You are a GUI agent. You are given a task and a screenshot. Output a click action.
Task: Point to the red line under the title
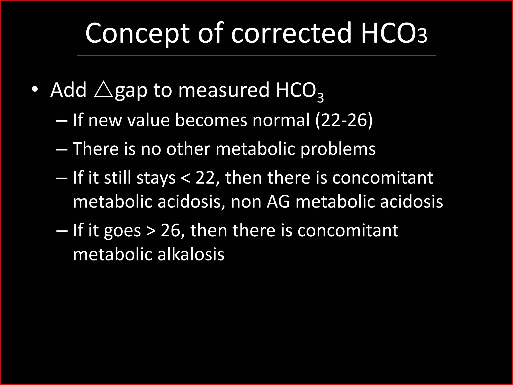(256, 55)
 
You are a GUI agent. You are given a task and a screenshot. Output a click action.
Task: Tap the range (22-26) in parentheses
(344, 120)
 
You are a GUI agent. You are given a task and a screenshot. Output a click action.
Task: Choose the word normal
(281, 120)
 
